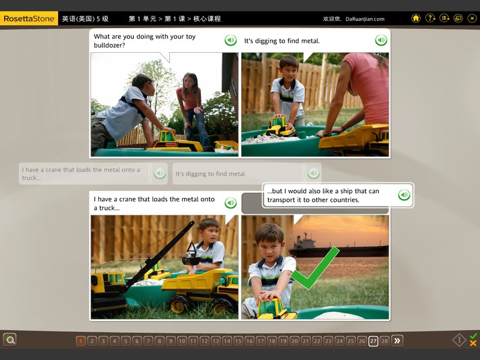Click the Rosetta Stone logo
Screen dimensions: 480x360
pos(29,19)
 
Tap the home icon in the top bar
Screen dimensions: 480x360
pos(416,19)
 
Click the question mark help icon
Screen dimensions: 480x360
pos(430,19)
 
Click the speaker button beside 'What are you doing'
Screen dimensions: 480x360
pos(230,40)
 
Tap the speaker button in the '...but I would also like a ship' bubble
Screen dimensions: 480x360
pos(404,194)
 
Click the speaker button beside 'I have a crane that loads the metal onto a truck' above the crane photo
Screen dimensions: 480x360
pos(230,203)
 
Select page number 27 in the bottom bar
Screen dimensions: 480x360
pos(373,341)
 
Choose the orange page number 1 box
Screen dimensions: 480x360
pos(80,341)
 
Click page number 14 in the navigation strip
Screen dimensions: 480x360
pos(227,341)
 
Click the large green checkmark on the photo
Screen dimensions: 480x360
pos(314,268)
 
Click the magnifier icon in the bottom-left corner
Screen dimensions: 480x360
pos(10,340)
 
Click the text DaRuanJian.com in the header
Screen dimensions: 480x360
pos(365,19)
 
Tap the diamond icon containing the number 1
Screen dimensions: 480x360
pos(459,340)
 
